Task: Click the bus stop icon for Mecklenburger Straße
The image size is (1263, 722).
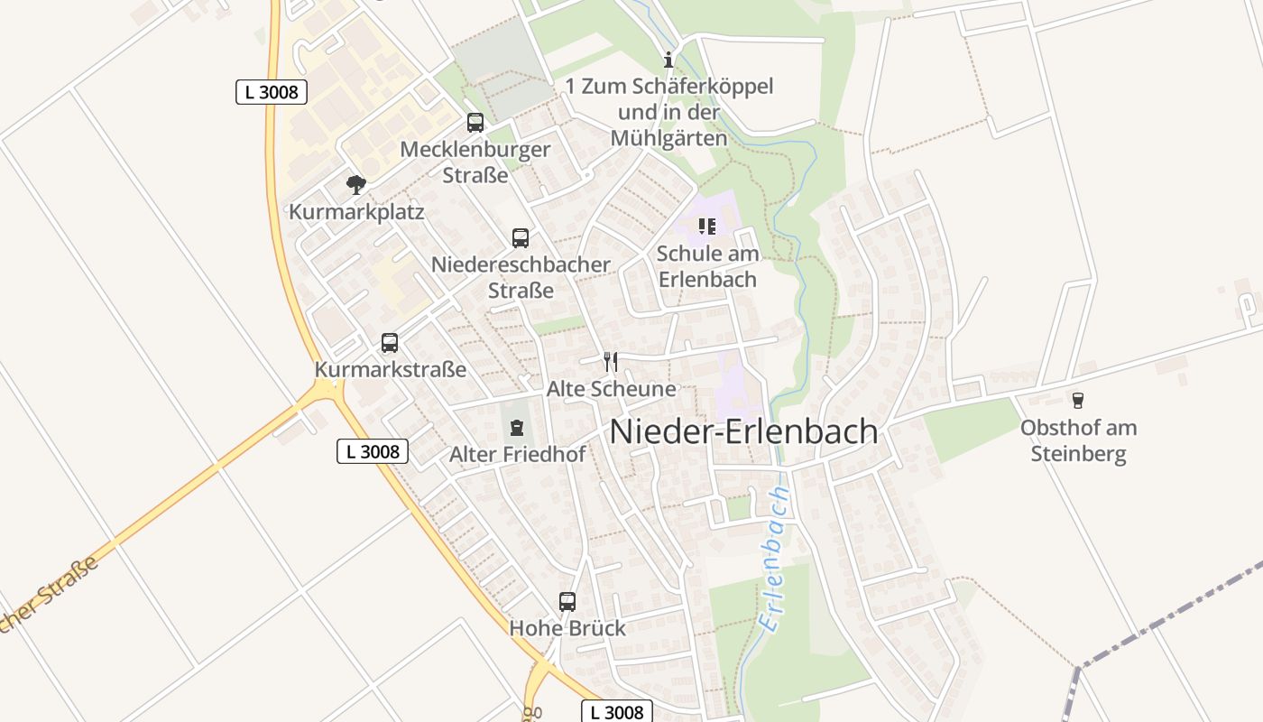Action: click(x=475, y=123)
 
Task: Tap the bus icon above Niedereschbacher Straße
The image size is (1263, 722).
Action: click(x=521, y=238)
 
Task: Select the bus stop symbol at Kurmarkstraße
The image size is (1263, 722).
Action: click(x=390, y=343)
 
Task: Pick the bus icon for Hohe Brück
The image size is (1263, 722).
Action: click(x=567, y=602)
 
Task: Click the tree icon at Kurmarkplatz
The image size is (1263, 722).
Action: click(x=356, y=186)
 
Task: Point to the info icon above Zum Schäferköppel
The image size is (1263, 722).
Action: click(x=668, y=60)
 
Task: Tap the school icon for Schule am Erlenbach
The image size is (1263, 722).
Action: click(x=707, y=227)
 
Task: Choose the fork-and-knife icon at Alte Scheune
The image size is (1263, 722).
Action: click(x=611, y=362)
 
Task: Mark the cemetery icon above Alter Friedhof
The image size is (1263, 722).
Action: click(x=517, y=427)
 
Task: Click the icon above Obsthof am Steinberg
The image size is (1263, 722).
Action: click(x=1077, y=400)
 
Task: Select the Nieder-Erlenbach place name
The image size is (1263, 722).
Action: click(x=743, y=431)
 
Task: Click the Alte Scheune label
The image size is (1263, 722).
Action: click(x=611, y=389)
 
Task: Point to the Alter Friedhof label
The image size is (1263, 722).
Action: click(x=517, y=454)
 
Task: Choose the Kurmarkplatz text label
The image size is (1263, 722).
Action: click(x=356, y=213)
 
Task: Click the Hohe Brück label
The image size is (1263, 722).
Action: click(x=567, y=628)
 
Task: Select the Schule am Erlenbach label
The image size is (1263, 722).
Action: click(x=707, y=266)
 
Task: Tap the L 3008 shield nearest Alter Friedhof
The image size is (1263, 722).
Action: click(x=373, y=451)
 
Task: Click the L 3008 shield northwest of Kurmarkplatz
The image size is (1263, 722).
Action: click(x=272, y=92)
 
